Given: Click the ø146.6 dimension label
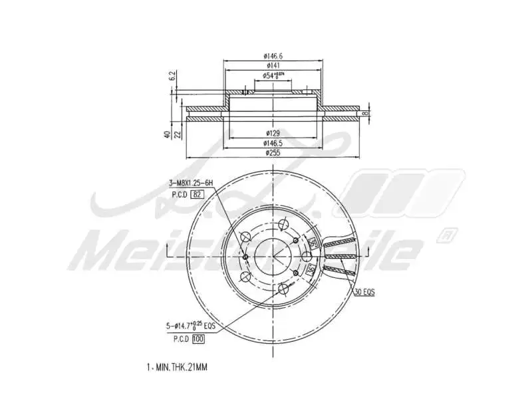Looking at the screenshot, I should [x=273, y=57].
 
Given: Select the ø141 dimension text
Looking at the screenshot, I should [x=273, y=66].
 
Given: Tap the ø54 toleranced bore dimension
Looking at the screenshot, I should [x=273, y=76].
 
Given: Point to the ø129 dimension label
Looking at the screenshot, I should [x=273, y=134].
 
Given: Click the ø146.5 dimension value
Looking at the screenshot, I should [x=273, y=143].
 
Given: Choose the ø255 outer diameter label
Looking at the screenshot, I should [x=273, y=153].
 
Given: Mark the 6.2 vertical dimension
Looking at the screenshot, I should [x=172, y=76].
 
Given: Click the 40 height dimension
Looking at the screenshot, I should [x=168, y=134].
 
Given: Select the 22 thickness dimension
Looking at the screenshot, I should [x=178, y=134].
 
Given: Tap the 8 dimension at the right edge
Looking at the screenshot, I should [x=366, y=114].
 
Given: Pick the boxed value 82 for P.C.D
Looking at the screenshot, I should [x=197, y=194].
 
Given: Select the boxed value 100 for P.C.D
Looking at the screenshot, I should [x=198, y=339].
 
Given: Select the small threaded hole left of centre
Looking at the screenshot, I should [x=245, y=257].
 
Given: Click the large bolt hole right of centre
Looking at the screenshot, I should [x=307, y=257].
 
